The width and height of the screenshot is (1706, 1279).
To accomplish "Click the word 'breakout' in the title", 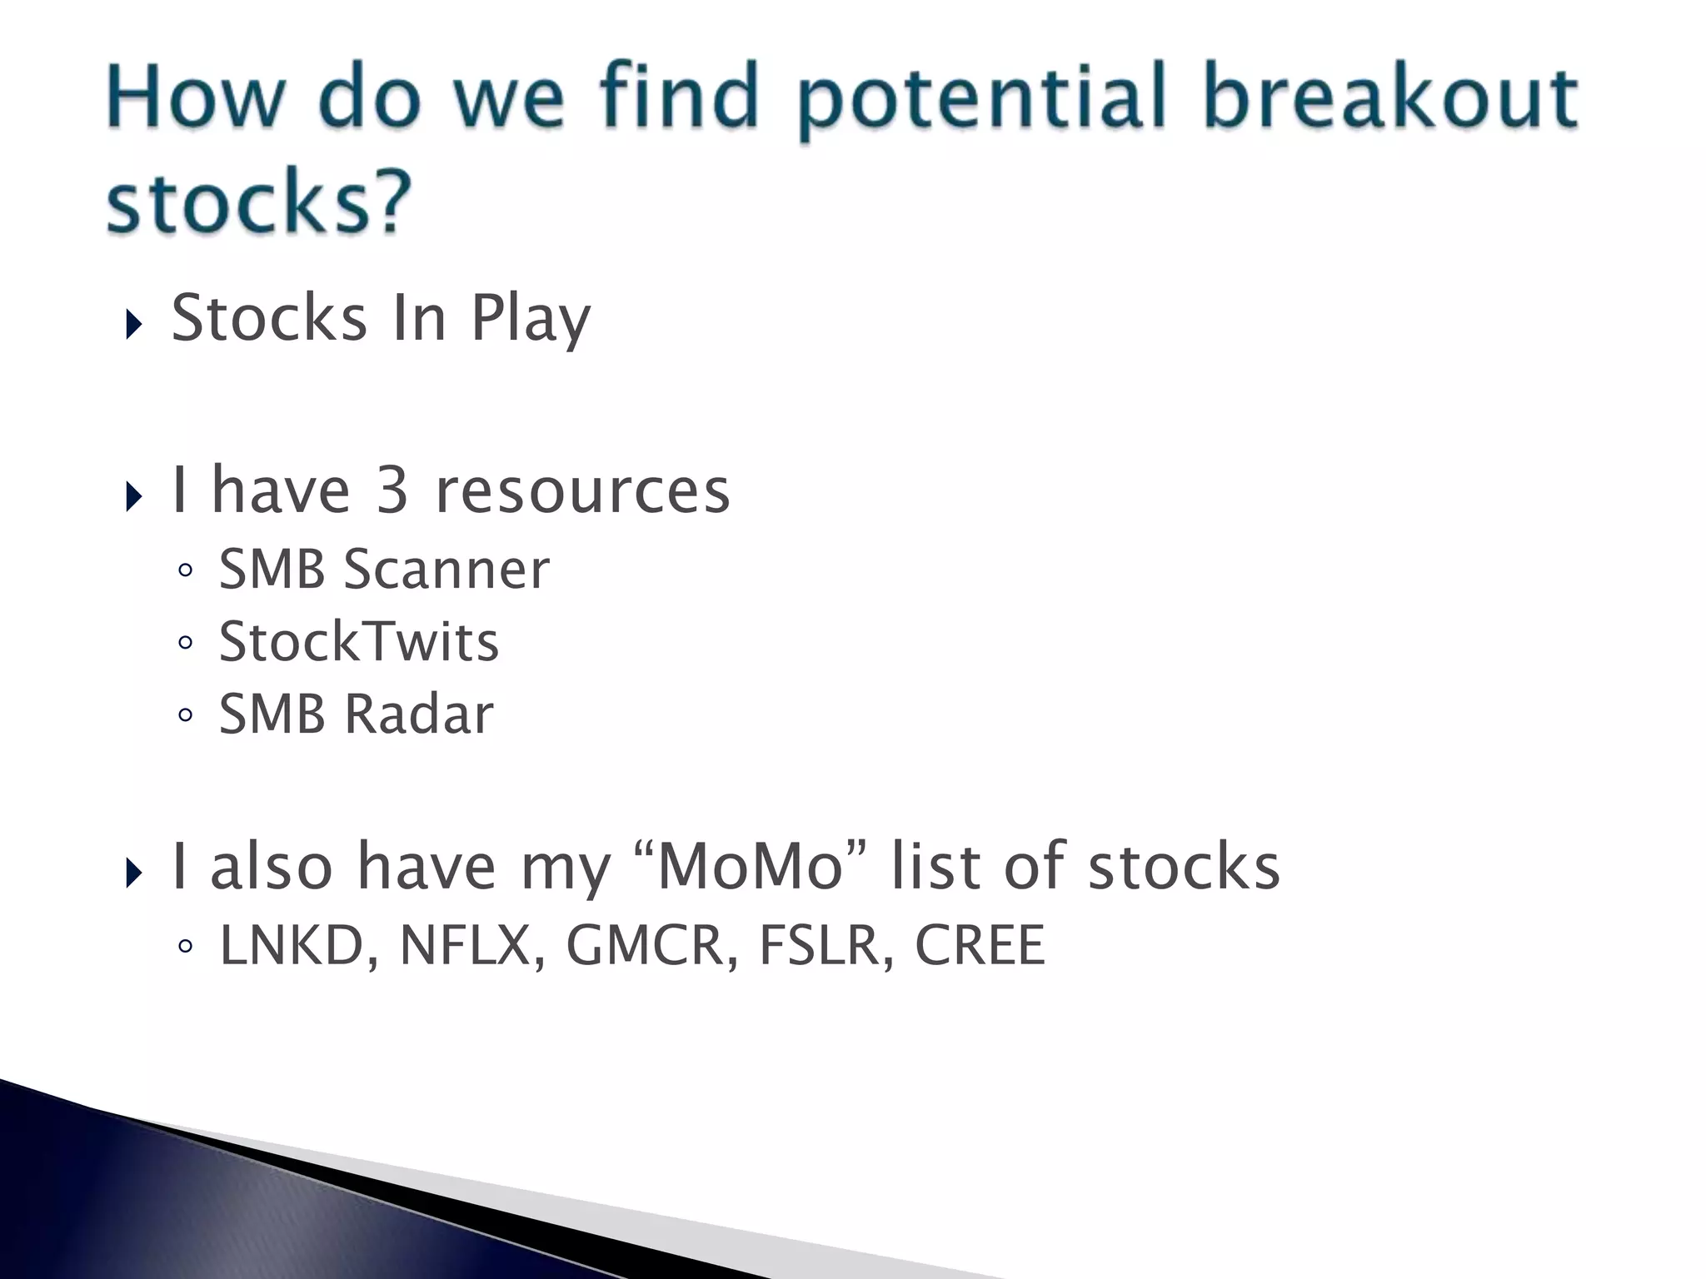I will [x=1389, y=97].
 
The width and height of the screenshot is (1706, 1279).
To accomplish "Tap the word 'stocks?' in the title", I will [x=259, y=202].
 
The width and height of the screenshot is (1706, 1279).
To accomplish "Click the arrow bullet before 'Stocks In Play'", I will [x=134, y=324].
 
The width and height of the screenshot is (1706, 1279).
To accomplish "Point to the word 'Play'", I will [x=531, y=320].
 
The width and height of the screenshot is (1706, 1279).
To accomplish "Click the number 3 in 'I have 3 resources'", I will [x=392, y=490].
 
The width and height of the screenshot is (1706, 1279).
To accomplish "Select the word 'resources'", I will [x=582, y=490].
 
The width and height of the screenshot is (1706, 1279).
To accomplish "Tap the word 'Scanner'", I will [x=446, y=570].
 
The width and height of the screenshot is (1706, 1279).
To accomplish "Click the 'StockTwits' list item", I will [x=358, y=642].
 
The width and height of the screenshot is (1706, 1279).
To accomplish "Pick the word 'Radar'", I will [x=419, y=714].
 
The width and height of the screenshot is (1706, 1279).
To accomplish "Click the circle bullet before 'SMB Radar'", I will [x=186, y=715].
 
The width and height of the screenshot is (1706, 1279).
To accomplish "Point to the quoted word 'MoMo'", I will [x=751, y=867].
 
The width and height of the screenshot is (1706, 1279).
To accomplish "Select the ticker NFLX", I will [x=465, y=946].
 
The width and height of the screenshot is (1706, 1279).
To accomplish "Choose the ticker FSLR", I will [x=820, y=946].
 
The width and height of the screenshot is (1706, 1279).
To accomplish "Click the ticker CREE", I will [x=980, y=946].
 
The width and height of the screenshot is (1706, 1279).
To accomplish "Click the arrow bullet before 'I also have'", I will [x=134, y=873].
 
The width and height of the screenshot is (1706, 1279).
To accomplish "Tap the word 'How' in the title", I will [x=195, y=97].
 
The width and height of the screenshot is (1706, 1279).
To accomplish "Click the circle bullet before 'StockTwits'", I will [x=186, y=643].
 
